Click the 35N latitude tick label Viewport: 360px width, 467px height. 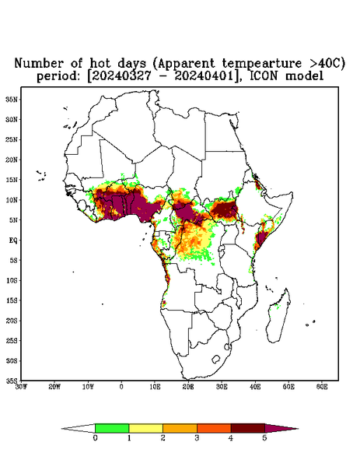(x=12, y=99)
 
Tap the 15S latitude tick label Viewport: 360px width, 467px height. (x=12, y=300)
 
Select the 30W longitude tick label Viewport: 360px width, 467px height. (x=21, y=387)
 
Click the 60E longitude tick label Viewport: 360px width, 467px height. (x=322, y=387)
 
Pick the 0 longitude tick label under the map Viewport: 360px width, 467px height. (x=121, y=387)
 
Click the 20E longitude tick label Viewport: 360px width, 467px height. (x=188, y=387)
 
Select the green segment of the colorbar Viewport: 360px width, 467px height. (x=112, y=428)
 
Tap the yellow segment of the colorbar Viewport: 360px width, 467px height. (x=145, y=428)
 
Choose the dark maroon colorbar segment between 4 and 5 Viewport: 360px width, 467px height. (x=248, y=428)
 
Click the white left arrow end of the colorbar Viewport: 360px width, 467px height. (x=79, y=428)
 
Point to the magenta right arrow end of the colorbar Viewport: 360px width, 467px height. (x=281, y=428)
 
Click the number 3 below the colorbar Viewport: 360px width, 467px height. (x=197, y=438)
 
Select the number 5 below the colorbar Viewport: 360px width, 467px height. (x=264, y=438)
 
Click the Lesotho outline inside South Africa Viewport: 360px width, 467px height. (x=216, y=359)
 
